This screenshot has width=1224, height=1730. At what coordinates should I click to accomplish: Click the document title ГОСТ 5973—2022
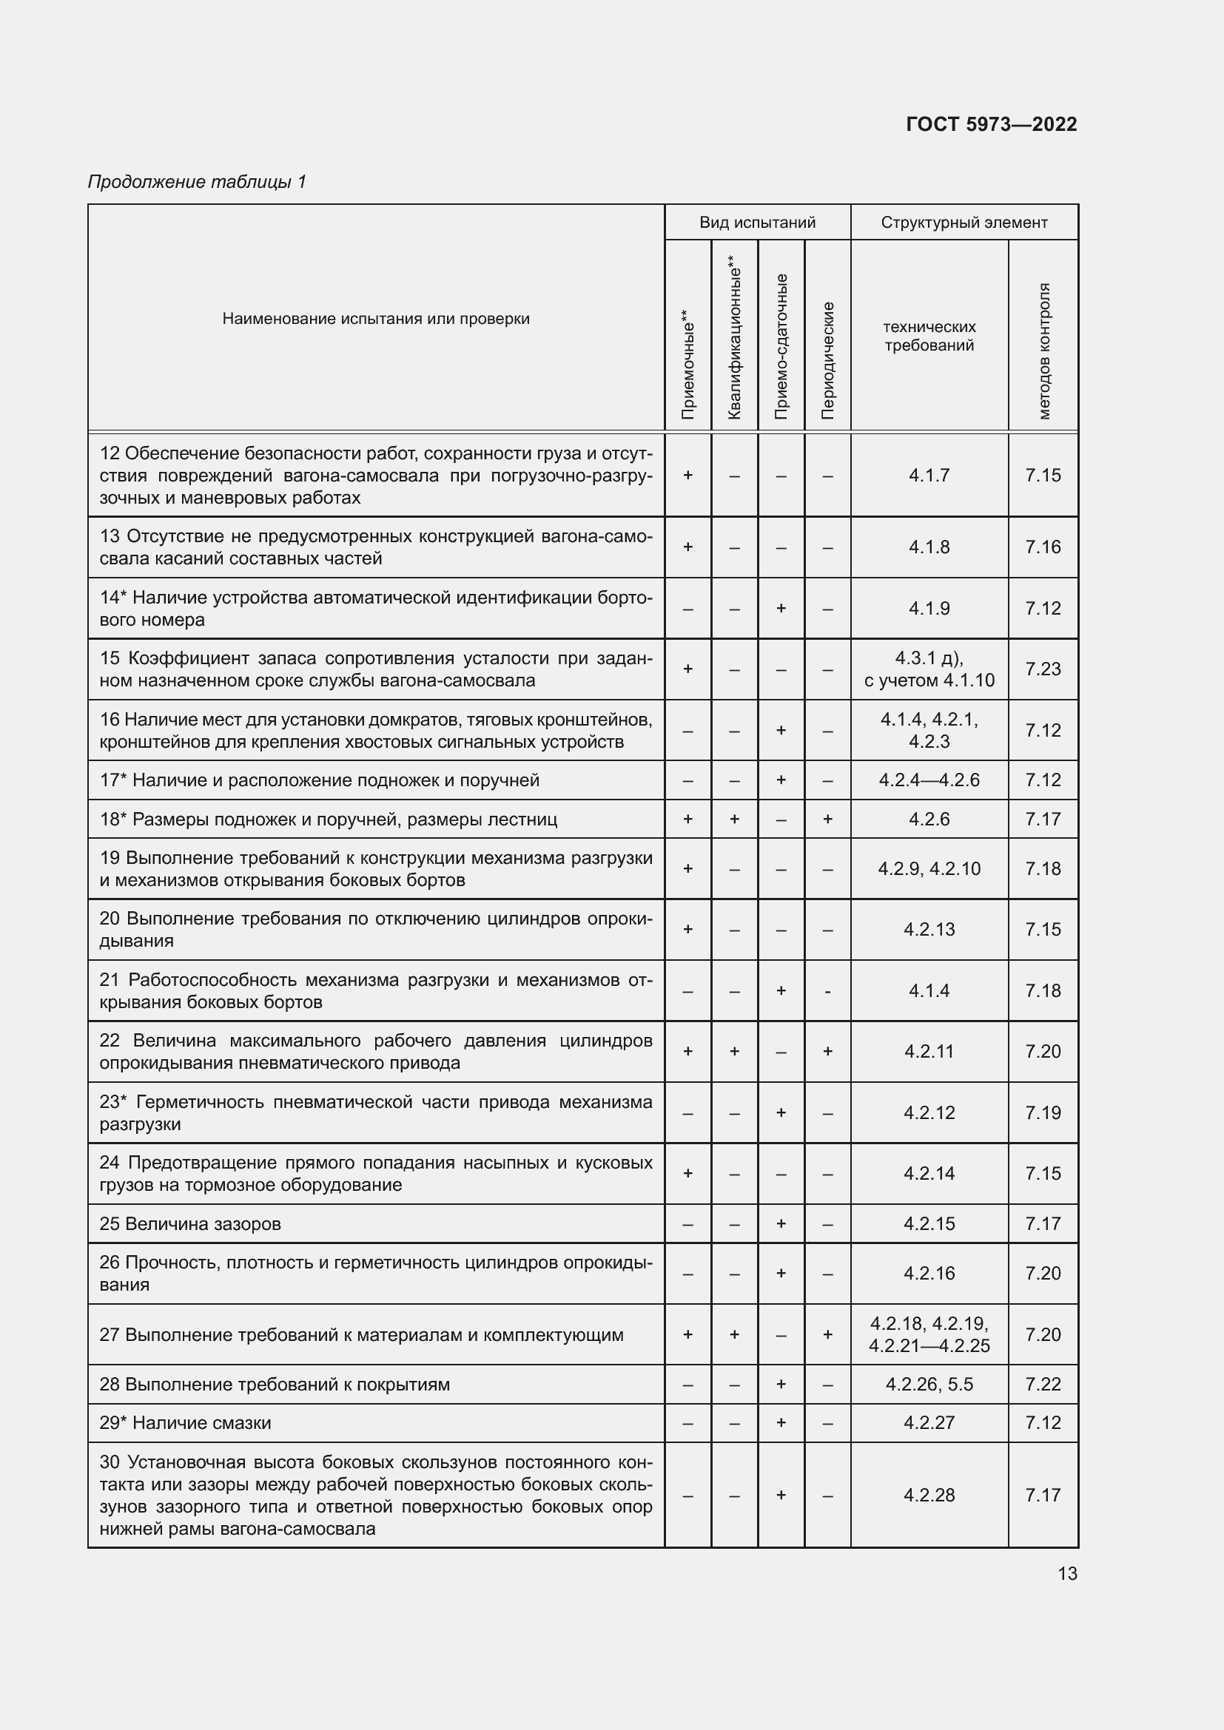coord(990,124)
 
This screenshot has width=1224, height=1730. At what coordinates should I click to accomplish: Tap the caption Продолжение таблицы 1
coord(197,182)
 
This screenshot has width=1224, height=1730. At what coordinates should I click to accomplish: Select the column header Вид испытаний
coord(757,223)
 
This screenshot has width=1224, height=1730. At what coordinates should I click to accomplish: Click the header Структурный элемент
coord(964,223)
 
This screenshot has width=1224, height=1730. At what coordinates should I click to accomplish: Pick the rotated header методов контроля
coord(1043,351)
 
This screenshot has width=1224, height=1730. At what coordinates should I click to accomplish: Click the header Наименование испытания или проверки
coord(375,319)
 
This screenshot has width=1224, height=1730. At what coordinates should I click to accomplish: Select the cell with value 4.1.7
coord(929,475)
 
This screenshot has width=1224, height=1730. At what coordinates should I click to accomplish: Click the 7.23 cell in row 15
coord(1043,669)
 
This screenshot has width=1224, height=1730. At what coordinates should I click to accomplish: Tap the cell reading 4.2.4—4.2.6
coord(929,780)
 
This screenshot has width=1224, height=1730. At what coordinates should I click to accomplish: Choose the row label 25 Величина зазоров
coord(190,1223)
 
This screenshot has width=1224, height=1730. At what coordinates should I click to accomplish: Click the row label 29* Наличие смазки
coord(186,1422)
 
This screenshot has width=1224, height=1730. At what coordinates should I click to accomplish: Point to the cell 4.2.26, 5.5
coord(929,1384)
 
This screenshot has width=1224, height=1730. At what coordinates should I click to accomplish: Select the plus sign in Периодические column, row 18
coord(827,819)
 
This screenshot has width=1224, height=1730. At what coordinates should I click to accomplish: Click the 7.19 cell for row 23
coord(1043,1112)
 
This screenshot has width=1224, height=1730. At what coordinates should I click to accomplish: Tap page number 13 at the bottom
coord(1066,1573)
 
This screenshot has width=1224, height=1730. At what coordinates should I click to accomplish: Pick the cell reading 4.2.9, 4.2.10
coord(929,869)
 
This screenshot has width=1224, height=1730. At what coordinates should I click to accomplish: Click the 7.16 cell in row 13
coord(1043,547)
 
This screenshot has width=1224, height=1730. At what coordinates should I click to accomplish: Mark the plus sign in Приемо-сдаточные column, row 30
coord(780,1495)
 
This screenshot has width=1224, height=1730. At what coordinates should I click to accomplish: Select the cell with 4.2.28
coord(929,1495)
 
